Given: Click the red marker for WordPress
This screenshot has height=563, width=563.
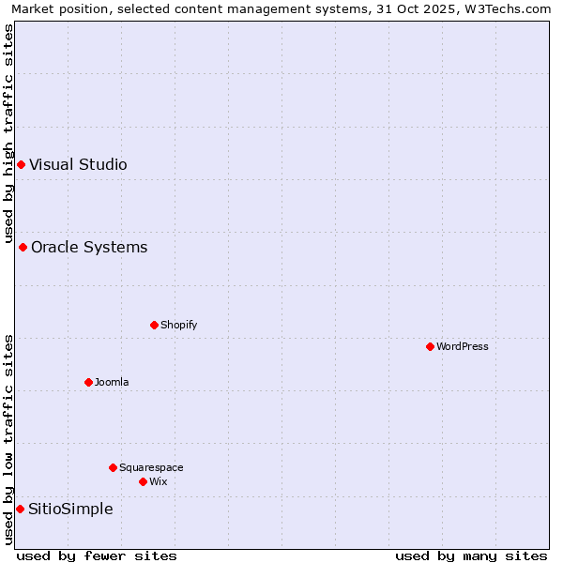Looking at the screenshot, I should (x=430, y=346).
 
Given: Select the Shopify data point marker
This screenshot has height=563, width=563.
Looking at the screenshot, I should (x=154, y=325).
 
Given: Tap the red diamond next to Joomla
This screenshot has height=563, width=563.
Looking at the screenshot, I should (x=88, y=382).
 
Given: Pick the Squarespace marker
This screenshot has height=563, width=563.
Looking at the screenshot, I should (x=113, y=467).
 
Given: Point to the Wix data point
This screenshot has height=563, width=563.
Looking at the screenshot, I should (x=143, y=481).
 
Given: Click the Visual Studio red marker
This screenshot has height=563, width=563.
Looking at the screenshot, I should (x=21, y=165).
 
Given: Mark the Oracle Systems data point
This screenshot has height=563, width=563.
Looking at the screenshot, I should (x=23, y=248).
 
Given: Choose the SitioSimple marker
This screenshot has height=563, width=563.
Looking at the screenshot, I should (x=20, y=509).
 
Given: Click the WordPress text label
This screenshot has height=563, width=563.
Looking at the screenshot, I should (x=463, y=346).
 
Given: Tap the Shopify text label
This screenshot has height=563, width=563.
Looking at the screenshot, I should (x=178, y=325).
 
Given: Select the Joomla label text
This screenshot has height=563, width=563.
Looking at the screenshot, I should (x=112, y=382).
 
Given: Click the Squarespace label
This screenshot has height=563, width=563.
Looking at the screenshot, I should (x=151, y=467).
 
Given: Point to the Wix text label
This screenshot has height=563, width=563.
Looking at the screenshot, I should (x=158, y=481).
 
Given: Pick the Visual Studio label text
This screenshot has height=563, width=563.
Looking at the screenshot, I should (x=78, y=165).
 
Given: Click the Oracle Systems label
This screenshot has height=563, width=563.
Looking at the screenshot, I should (x=89, y=248).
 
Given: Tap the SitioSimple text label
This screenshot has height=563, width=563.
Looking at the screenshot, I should (x=70, y=510).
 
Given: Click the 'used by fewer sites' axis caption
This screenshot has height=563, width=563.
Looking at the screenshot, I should (x=97, y=555).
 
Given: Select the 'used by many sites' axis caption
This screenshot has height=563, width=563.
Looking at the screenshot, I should (x=471, y=555).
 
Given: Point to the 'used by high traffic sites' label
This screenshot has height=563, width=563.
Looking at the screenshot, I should (x=8, y=133).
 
